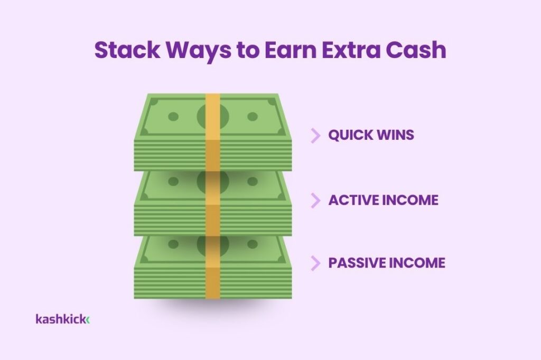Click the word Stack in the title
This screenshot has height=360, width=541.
point(127,50)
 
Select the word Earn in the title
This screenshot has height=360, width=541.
point(291,50)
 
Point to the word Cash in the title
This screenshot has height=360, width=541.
point(416,50)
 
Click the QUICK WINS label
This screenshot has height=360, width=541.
point(371,135)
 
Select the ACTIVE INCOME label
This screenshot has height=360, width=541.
point(383,200)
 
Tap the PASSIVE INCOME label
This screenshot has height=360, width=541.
point(386,263)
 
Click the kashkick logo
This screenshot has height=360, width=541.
point(62,319)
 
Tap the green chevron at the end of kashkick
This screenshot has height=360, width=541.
point(88,320)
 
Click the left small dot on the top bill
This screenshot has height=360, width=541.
point(173,117)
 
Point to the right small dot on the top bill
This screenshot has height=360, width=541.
point(253,117)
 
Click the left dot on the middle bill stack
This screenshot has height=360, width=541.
point(173,182)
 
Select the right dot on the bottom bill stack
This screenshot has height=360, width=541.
point(253,244)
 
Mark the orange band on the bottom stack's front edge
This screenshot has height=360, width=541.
point(213,283)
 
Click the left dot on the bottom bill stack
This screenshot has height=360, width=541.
point(173,244)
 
